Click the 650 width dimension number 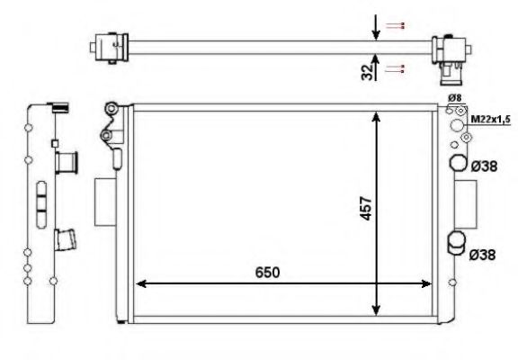click(268, 272)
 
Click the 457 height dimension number click(366, 208)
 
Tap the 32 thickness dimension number click(367, 72)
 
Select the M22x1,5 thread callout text click(491, 120)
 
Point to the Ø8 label click(454, 98)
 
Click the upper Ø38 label click(484, 166)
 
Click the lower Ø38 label click(482, 255)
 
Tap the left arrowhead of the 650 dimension click(141, 283)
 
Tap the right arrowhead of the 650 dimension click(426, 283)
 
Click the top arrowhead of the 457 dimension click(376, 117)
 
